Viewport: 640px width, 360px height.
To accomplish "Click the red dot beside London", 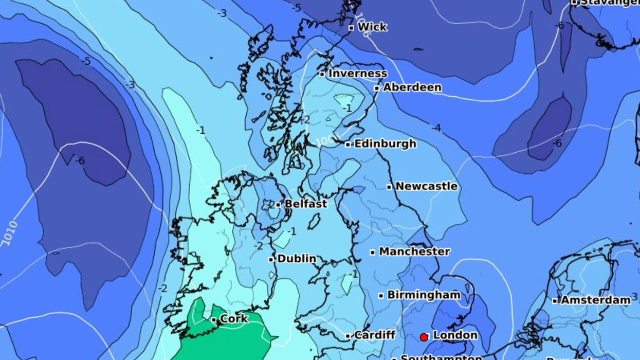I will click(424, 337).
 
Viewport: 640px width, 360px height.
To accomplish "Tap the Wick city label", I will click(372, 27).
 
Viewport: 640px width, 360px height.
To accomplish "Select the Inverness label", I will click(358, 74).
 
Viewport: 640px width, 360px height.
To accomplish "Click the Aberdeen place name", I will click(412, 87).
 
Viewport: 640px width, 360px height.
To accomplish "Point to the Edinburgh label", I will click(385, 143).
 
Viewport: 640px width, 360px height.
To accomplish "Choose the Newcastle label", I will click(426, 186).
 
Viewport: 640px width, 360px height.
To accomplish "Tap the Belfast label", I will click(306, 204).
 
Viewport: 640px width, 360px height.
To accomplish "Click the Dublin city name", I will click(297, 259).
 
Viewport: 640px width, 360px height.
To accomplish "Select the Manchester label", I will click(414, 251).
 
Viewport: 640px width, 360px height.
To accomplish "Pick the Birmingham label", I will click(424, 295).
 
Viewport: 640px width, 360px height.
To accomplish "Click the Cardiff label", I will click(375, 335).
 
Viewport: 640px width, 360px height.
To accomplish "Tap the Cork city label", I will click(234, 319).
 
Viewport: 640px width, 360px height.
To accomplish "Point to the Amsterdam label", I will click(595, 300).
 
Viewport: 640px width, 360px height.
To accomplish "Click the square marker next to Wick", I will click(351, 28).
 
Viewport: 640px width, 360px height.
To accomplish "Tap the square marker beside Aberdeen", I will click(377, 88).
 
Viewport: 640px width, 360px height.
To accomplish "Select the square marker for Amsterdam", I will click(555, 301).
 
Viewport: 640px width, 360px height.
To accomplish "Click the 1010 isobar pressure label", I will click(10, 233).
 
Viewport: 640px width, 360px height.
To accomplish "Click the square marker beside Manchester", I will click(373, 253).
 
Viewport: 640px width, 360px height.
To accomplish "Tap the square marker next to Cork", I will click(214, 320).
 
